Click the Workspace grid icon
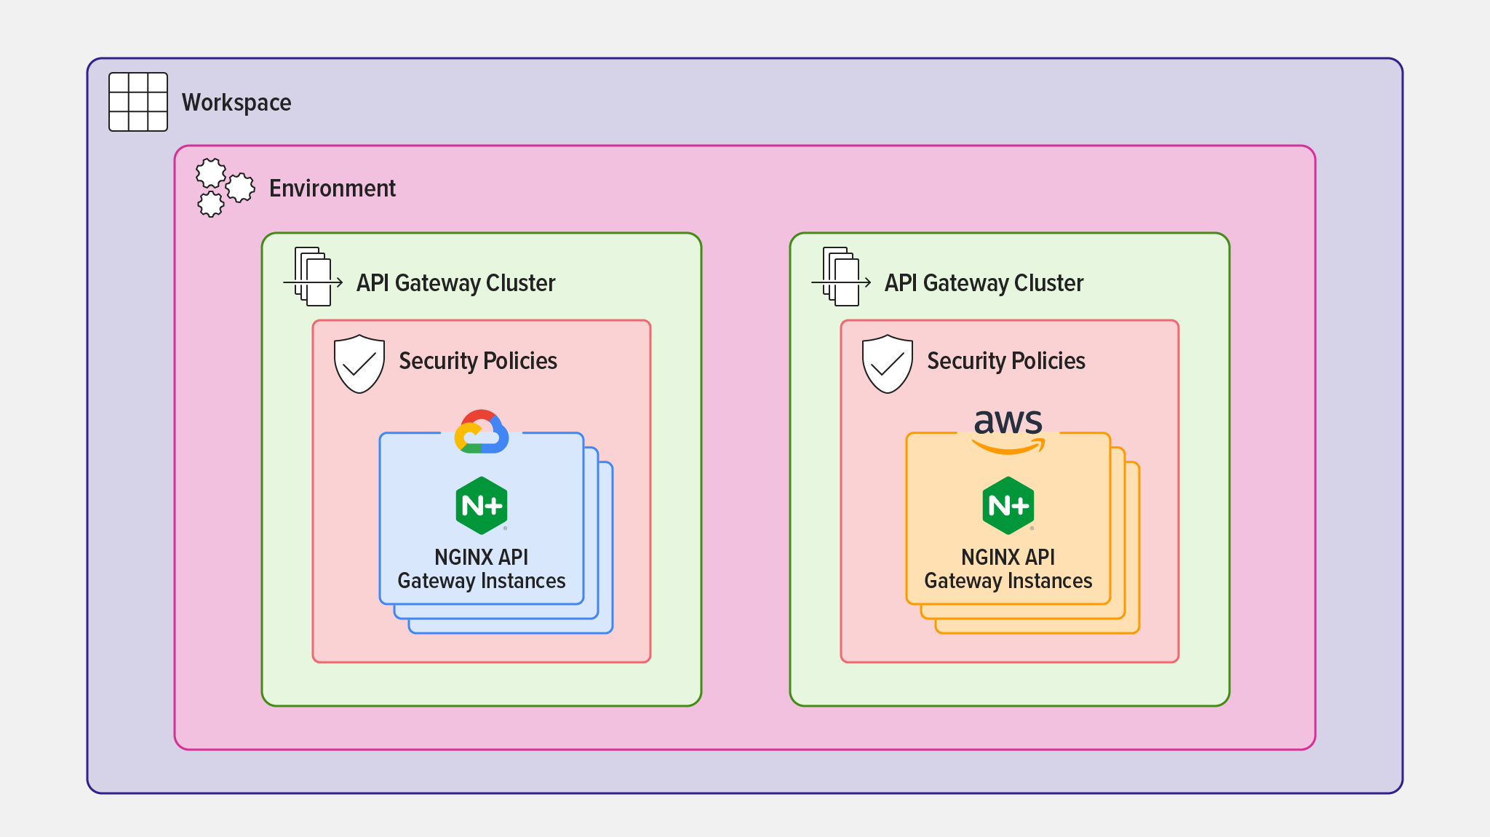138,102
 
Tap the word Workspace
236,103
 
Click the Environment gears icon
225,188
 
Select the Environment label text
332,189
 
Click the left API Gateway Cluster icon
313,277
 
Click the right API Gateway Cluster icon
841,277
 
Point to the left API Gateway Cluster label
455,283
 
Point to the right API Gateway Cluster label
984,283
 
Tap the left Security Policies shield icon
359,364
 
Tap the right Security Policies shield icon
888,364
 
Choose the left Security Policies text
478,361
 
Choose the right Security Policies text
1006,361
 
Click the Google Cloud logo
482,432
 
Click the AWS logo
1008,432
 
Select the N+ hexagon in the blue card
482,505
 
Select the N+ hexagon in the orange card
1008,505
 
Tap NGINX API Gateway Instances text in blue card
482,569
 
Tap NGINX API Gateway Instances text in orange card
1008,569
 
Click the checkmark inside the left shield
359,363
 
